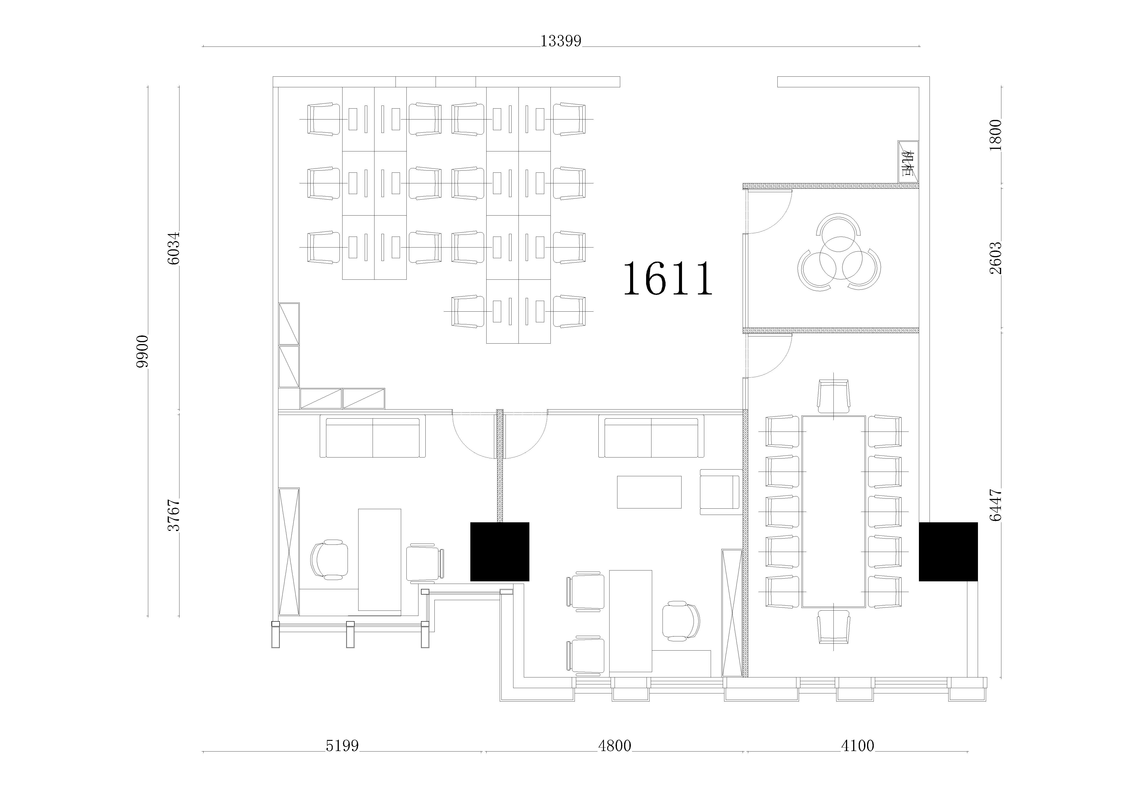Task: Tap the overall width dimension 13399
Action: [x=561, y=41]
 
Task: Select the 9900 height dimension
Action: [x=143, y=351]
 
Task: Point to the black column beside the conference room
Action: [x=948, y=551]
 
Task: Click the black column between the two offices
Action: [x=500, y=551]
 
